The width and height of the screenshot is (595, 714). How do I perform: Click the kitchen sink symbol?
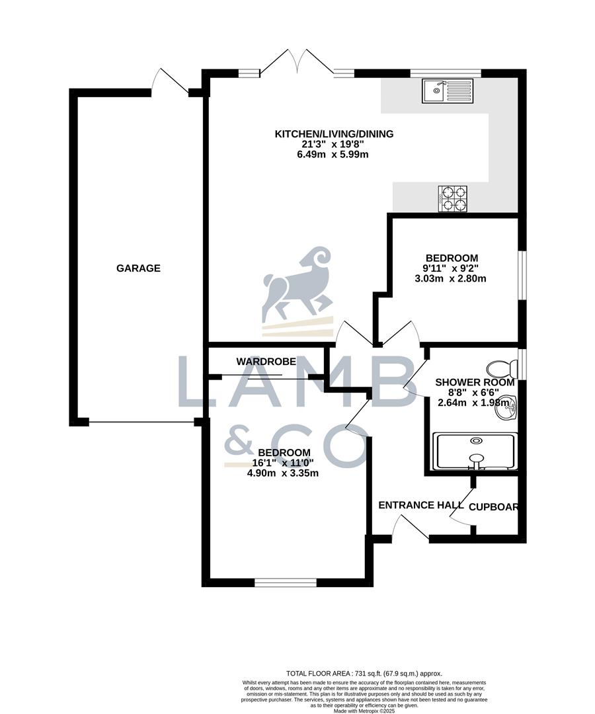pyautogui.click(x=448, y=91)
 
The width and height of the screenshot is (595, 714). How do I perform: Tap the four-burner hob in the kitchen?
pyautogui.click(x=452, y=198)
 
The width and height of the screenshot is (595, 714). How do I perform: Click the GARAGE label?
pyautogui.click(x=138, y=268)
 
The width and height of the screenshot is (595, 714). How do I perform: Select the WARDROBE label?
pyautogui.click(x=262, y=362)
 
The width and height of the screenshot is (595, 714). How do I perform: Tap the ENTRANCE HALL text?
pyautogui.click(x=420, y=505)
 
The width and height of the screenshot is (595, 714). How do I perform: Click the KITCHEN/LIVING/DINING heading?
pyautogui.click(x=334, y=134)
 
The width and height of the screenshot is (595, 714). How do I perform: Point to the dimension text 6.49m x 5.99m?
pyautogui.click(x=334, y=155)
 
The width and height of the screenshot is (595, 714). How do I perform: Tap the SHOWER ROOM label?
pyautogui.click(x=475, y=382)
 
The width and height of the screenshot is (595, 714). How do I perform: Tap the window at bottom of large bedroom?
pyautogui.click(x=286, y=582)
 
